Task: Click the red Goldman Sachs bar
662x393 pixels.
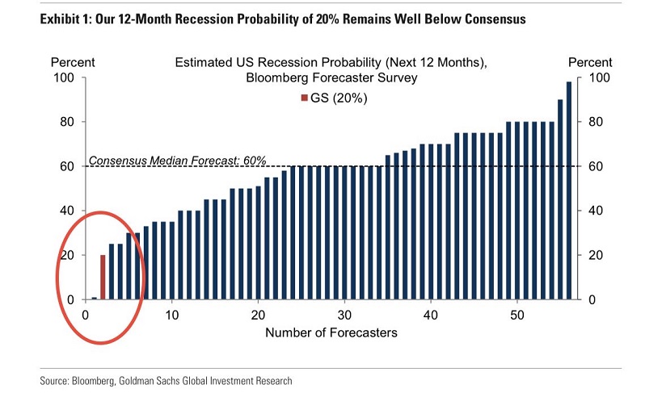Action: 103,277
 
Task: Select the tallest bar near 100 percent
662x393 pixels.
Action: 568,190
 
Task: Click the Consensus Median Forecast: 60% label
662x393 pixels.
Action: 177,160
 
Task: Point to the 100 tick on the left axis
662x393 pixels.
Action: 63,77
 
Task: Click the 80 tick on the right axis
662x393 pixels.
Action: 595,122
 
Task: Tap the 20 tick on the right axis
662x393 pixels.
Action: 595,255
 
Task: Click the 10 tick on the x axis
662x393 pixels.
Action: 171,314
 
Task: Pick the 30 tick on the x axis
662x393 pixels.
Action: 344,314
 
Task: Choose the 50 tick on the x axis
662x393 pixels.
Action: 517,314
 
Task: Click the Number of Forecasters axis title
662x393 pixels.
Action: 331,332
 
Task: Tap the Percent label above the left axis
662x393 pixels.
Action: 73,62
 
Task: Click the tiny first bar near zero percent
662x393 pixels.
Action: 94,298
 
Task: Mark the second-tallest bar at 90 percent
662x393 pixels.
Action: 560,199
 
